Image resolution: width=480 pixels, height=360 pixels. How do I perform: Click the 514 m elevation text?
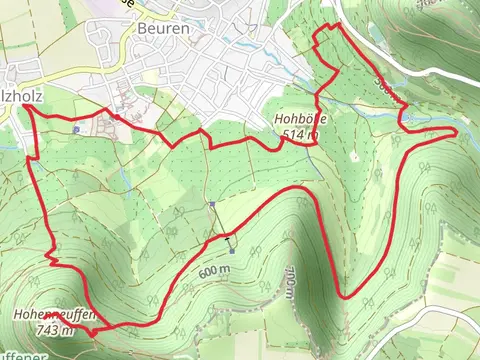300,133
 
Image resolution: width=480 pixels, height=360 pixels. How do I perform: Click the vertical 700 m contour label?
289,283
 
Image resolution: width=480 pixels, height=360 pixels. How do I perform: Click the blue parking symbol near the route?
76,129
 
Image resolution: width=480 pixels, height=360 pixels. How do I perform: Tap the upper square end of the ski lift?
212,205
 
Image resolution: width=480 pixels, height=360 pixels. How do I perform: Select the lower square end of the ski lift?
231,251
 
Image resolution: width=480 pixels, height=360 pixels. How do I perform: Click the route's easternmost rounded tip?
456,130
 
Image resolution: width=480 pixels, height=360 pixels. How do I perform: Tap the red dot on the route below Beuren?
115,117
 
